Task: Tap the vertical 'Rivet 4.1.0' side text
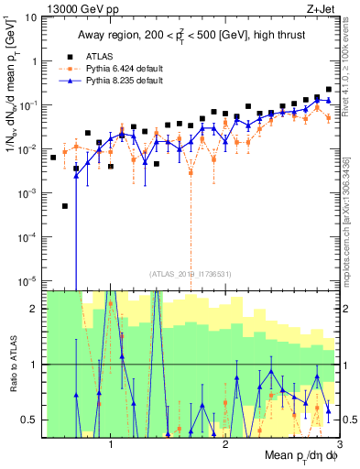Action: point(351,60)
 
